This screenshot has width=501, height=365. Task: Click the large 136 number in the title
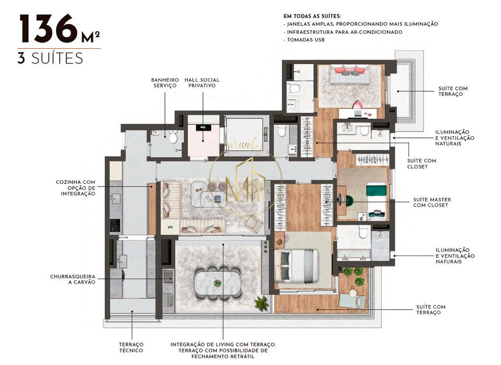point(48,29)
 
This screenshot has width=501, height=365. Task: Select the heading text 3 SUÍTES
point(50,59)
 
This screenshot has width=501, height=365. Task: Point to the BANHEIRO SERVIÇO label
point(164,83)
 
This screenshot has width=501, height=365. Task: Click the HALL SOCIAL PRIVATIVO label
point(202,83)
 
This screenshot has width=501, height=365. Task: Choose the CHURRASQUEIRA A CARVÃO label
point(72,279)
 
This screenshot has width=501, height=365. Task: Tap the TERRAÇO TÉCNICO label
point(131,347)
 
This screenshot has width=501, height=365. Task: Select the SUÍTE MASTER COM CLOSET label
point(432,202)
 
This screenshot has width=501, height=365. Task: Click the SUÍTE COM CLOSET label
point(421,163)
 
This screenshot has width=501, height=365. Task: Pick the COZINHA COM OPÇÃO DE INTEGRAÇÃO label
point(75,188)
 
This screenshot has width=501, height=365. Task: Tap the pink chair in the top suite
point(358,105)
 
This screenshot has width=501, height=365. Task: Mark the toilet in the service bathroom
point(173,137)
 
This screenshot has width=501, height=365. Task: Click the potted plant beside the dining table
point(262,303)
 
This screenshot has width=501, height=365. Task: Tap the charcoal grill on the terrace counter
point(168,277)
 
